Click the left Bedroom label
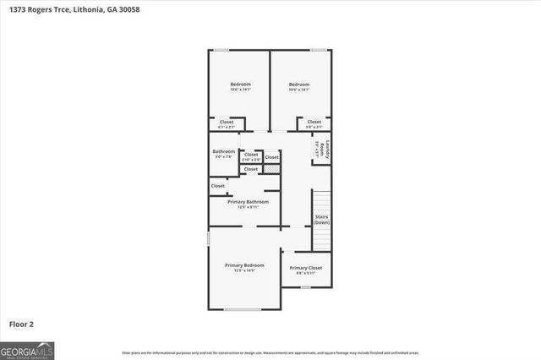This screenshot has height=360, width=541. click(239, 85)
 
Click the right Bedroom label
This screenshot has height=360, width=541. click(299, 85)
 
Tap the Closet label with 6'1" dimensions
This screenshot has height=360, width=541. click(227, 122)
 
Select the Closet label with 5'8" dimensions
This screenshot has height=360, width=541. click(314, 122)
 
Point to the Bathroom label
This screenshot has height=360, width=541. click(224, 152)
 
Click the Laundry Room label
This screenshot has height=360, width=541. click(322, 149)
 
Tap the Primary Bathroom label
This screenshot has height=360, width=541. click(248, 202)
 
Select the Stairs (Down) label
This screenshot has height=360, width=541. click(322, 219)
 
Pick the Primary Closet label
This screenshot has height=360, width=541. click(305, 269)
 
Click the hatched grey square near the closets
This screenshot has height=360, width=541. click(271, 168)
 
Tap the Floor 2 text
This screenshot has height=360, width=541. click(21, 323)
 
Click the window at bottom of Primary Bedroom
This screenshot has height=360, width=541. click(242, 308)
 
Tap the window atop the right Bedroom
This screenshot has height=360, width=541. click(319, 50)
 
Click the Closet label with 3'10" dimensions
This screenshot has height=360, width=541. click(251, 155)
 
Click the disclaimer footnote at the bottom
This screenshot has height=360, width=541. click(270, 352)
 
